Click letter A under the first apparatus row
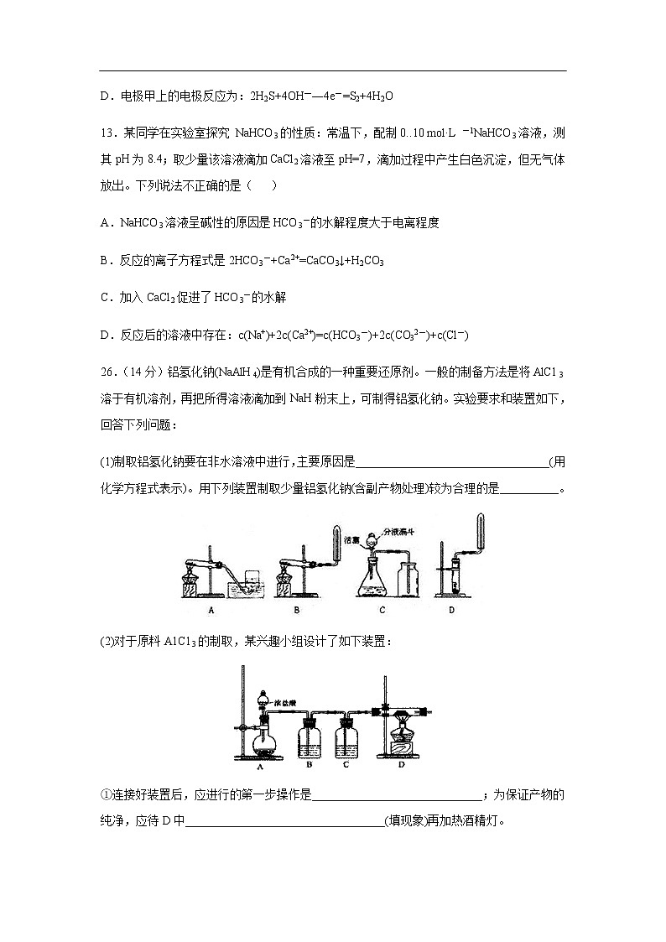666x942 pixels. point(211,610)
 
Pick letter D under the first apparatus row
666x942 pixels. point(451,610)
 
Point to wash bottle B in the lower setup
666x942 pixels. point(310,733)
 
